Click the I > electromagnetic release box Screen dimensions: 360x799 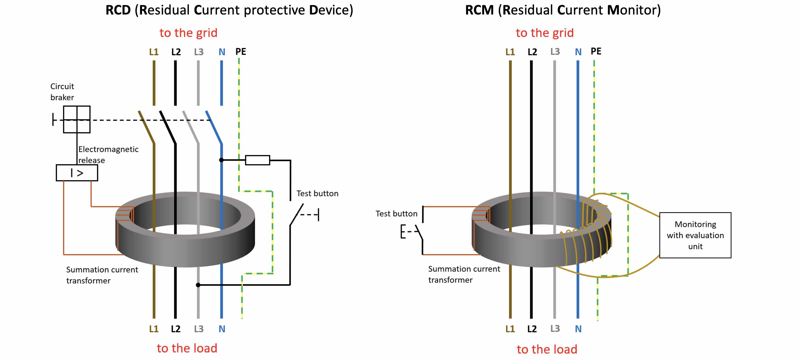tap(77, 173)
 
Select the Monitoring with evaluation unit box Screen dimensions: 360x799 tap(695, 235)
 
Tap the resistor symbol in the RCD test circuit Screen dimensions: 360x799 tap(257, 160)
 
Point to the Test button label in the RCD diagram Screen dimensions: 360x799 tap(317, 194)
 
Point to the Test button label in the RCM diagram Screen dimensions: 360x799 tap(397, 214)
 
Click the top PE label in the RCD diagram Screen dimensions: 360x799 tap(241, 52)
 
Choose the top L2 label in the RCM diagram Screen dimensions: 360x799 tap(532, 52)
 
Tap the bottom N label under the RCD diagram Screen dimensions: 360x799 tap(222, 329)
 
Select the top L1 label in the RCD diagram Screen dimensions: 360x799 tap(154, 52)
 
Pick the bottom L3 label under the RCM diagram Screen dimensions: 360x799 tap(555, 329)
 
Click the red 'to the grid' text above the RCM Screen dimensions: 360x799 tap(545, 33)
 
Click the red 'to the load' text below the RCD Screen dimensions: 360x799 tap(187, 348)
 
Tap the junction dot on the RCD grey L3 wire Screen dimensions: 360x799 tap(198, 285)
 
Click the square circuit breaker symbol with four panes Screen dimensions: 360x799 tap(77, 119)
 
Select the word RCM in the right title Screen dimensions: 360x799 tap(479, 10)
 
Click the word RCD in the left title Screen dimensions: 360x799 tap(118, 10)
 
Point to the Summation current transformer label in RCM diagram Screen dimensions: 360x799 tap(464, 274)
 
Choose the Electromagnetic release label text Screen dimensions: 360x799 tap(108, 154)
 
